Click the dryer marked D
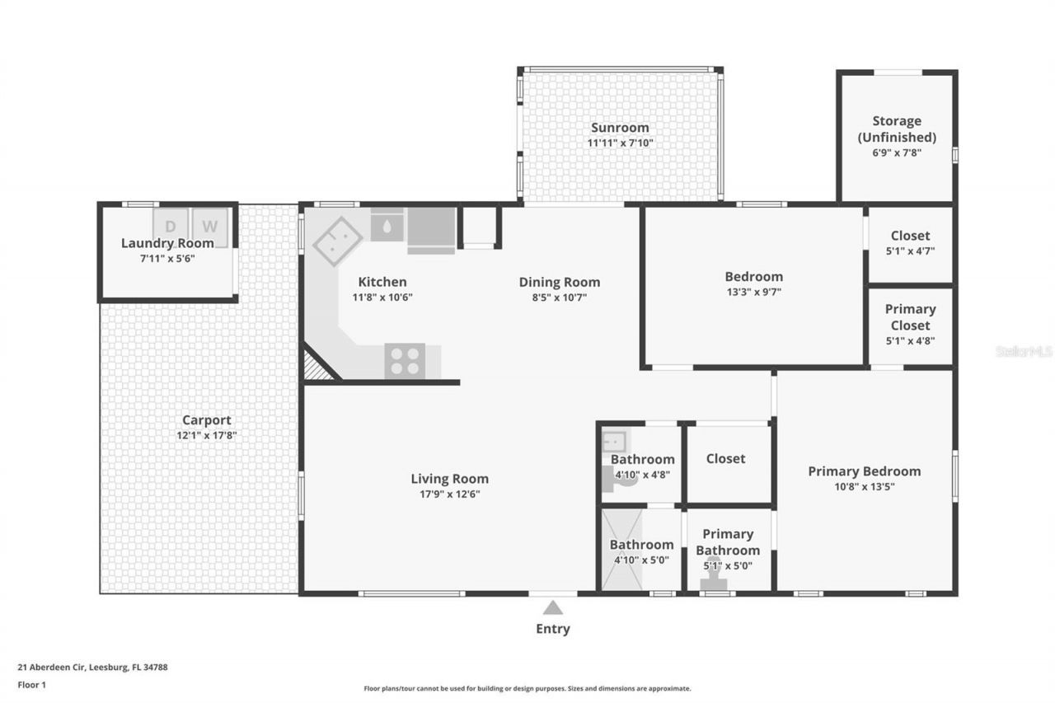[171, 227]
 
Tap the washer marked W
[210, 227]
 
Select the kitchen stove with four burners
[405, 361]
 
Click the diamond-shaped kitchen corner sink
[337, 241]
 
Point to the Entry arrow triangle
[553, 607]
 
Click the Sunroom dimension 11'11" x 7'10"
[620, 143]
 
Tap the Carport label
[207, 420]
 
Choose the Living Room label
[450, 479]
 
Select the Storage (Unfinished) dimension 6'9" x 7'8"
[897, 152]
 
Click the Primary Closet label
[911, 317]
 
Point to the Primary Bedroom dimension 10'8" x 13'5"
[865, 486]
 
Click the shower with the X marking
[621, 549]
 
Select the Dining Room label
[560, 282]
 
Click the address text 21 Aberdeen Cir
[51, 668]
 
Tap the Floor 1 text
[31, 685]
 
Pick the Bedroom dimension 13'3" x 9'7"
[753, 292]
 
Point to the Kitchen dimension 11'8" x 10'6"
[382, 298]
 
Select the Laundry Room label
[167, 243]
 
